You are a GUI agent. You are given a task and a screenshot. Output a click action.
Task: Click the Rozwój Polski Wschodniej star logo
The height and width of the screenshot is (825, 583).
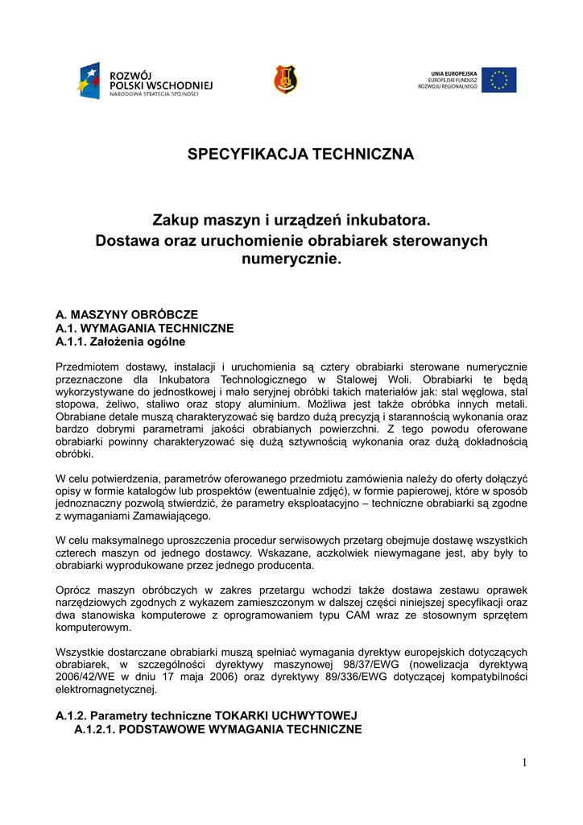click(x=89, y=81)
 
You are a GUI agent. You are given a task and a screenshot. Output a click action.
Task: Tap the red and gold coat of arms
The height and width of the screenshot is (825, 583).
click(x=286, y=79)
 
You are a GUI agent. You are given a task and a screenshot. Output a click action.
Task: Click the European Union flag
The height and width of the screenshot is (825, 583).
click(x=498, y=80)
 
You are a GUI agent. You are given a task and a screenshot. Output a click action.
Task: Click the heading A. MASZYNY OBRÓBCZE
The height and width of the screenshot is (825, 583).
click(x=126, y=314)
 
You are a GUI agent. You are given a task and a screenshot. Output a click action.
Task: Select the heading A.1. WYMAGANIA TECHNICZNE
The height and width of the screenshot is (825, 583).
click(x=144, y=328)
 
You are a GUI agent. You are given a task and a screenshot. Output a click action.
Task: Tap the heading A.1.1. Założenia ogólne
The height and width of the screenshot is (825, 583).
click(x=121, y=342)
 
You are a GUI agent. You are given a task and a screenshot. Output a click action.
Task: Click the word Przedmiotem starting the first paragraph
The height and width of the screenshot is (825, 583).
click(x=89, y=367)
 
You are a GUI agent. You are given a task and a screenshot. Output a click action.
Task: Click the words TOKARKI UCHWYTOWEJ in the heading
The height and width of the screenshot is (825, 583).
click(x=283, y=715)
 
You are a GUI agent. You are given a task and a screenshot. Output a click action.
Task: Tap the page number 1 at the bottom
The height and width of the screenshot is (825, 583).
click(x=523, y=763)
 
